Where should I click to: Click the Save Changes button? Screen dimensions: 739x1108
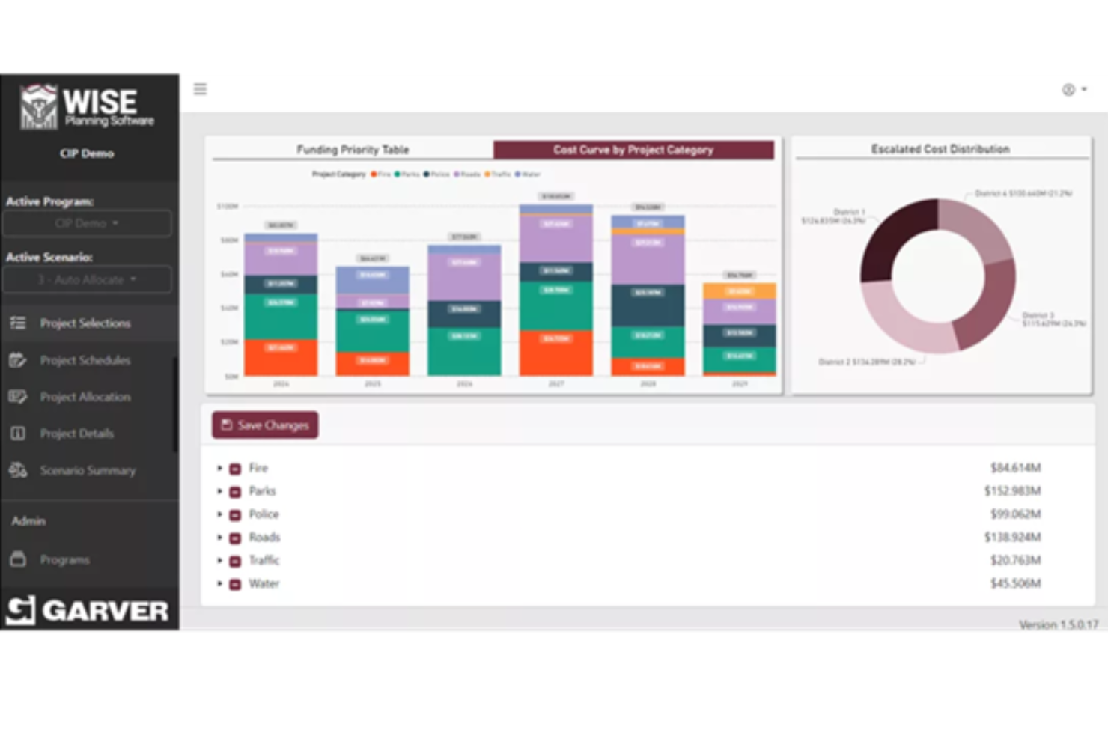[265, 425]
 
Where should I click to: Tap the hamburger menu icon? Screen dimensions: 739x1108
[200, 89]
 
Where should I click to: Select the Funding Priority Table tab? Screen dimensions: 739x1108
[353, 150]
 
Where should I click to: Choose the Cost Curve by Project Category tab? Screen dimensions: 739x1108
[633, 150]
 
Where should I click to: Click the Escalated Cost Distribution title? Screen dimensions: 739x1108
[940, 149]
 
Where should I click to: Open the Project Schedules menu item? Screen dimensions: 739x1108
[85, 360]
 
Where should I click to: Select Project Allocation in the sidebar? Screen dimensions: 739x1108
[85, 397]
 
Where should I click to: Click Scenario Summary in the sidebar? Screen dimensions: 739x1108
[88, 470]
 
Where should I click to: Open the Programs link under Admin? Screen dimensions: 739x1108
[64, 559]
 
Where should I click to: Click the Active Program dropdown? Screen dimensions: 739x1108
[87, 223]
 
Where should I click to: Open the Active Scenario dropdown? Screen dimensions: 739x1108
[87, 279]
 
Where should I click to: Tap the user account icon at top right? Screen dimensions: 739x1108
[1069, 90]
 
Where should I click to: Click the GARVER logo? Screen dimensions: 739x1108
[88, 610]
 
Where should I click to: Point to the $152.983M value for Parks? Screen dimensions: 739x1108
[1012, 491]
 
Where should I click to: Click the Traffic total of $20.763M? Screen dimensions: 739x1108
[1015, 560]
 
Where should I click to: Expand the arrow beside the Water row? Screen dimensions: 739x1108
[219, 583]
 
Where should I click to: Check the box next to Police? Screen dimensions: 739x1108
[235, 515]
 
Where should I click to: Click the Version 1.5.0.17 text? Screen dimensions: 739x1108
[1058, 624]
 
